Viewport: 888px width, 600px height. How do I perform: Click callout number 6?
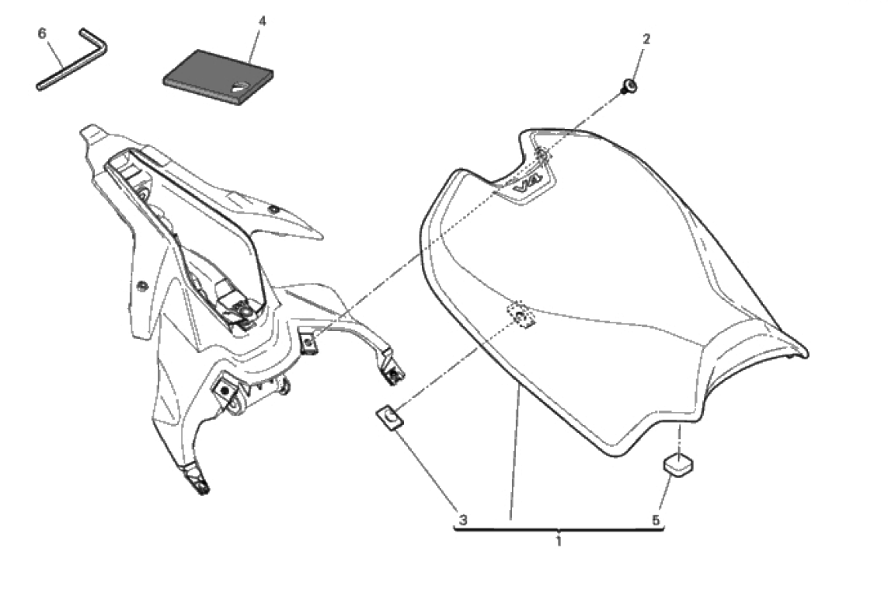pyautogui.click(x=42, y=34)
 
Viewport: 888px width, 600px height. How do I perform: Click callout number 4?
pyautogui.click(x=262, y=21)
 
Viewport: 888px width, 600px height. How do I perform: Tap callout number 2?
pyautogui.click(x=646, y=39)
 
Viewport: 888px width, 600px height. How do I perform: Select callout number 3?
pyautogui.click(x=463, y=519)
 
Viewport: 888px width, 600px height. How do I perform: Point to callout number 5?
pyautogui.click(x=656, y=519)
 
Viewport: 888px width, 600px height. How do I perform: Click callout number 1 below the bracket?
pyautogui.click(x=559, y=541)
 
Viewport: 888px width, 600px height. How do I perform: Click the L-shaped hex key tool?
pyautogui.click(x=71, y=59)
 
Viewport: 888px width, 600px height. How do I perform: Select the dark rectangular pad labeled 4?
pyautogui.click(x=218, y=76)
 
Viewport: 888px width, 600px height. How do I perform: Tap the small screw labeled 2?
pyautogui.click(x=629, y=87)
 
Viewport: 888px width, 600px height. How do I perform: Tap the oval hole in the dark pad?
pyautogui.click(x=240, y=87)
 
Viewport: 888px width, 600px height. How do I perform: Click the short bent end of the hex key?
pyautogui.click(x=95, y=40)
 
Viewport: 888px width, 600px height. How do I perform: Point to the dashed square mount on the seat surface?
pyautogui.click(x=521, y=316)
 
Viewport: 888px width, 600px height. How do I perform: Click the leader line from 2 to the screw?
pyautogui.click(x=638, y=64)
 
